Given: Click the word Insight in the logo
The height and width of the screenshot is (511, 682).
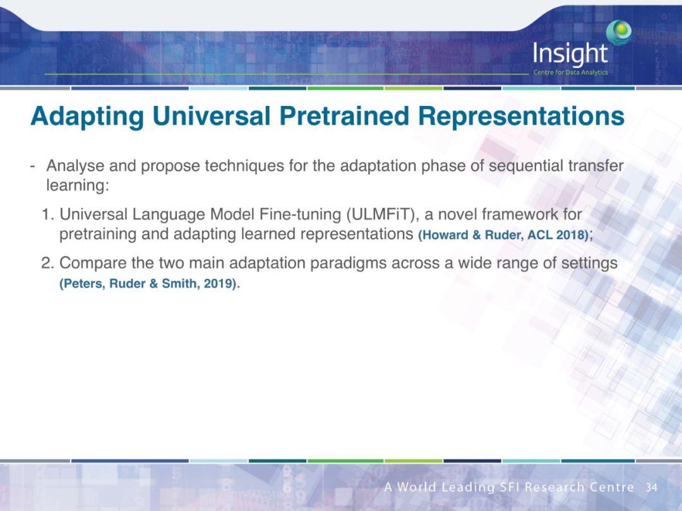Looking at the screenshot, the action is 570,54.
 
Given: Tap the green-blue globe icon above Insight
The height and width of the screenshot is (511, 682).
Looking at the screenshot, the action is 619,32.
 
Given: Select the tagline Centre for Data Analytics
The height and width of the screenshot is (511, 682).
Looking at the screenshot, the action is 570,72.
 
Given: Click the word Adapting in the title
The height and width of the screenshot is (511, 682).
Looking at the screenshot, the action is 87,117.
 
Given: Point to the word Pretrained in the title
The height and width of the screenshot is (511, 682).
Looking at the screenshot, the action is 344,116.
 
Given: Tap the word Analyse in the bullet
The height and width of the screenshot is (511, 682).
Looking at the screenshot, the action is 75,166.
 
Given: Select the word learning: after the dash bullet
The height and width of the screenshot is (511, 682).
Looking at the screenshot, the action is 78,185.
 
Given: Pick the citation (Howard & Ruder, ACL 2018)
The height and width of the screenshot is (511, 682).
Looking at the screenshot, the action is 503,235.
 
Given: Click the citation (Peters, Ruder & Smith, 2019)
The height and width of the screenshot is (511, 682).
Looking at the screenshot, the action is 148,284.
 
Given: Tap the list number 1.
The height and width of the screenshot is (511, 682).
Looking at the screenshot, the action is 47,214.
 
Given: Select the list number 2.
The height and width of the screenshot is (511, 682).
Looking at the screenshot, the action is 47,263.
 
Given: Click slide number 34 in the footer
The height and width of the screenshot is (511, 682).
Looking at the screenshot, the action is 651,487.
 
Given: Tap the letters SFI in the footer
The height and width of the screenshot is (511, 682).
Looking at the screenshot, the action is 510,487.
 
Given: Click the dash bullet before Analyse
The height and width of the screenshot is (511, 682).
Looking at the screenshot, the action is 33,167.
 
